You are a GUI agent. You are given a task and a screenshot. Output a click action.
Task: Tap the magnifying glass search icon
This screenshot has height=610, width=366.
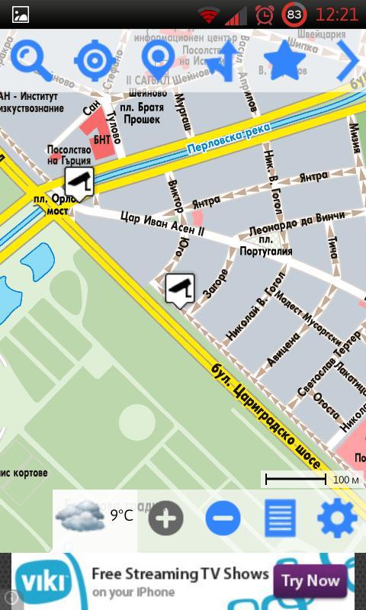(x=30, y=59)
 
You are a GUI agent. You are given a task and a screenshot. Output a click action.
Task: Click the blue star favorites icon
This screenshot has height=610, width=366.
(x=284, y=60)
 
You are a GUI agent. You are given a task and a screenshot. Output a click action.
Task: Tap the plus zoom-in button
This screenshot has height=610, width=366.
(x=165, y=518)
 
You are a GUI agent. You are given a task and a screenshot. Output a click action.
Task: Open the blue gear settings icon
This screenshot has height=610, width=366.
(x=337, y=518)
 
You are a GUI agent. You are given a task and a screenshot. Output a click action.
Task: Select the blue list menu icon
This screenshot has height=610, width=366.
(x=280, y=518)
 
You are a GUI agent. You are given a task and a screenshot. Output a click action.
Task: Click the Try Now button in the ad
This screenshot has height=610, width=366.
(x=310, y=581)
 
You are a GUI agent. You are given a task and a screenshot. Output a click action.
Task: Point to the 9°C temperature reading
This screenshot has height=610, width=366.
(x=121, y=516)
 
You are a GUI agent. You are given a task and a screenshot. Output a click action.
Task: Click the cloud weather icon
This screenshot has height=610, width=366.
(x=80, y=516)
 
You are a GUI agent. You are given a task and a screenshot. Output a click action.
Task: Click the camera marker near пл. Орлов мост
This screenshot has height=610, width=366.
(x=79, y=182)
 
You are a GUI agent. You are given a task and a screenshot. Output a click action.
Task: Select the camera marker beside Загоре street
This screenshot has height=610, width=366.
(x=179, y=289)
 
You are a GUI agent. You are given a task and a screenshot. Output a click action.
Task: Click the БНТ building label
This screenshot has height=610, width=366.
(x=102, y=140)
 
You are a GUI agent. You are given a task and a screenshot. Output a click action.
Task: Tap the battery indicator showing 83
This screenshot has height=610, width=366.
(x=294, y=14)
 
